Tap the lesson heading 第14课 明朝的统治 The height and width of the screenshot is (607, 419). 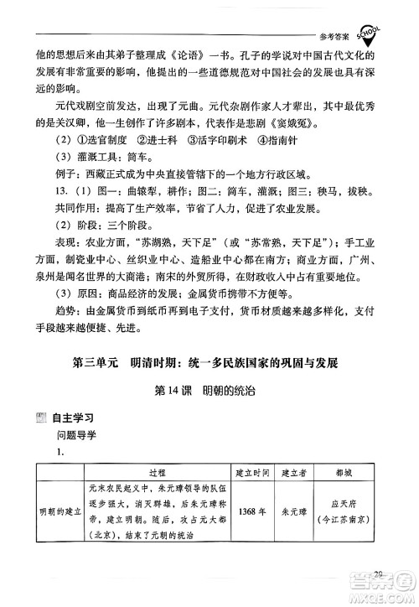coord(209,392)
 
